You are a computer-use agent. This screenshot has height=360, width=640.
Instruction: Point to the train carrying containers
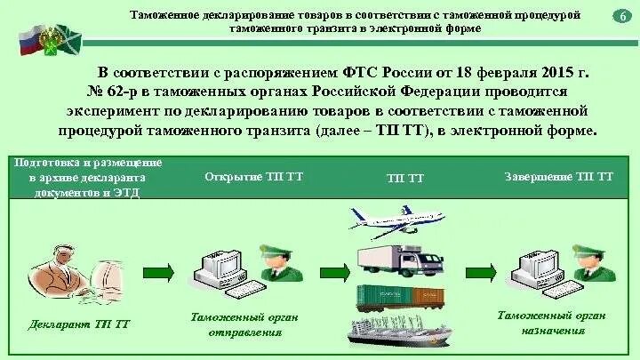point(401,298)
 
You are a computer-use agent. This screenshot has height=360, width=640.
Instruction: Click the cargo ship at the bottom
point(404,334)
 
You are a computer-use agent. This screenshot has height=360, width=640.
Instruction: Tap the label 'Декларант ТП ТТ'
point(80,324)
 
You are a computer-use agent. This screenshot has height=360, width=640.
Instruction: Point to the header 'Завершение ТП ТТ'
point(558,177)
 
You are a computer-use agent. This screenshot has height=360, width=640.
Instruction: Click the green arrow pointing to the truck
point(335,272)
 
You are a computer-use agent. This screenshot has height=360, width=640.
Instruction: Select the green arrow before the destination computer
point(481,272)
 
